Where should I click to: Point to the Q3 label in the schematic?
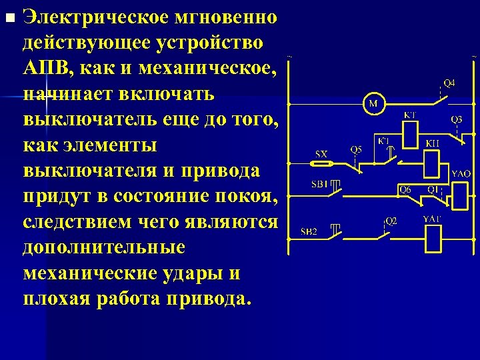click(457, 119)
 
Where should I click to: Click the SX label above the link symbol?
click(321, 153)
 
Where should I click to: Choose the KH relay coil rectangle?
click(433, 161)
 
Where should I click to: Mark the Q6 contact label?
click(406, 190)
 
